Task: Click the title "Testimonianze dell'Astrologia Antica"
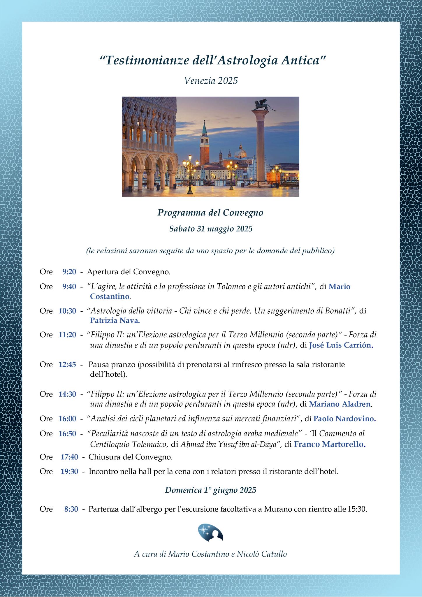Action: pos(212,61)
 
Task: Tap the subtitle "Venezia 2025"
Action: pos(211,80)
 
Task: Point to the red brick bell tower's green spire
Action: pos(204,126)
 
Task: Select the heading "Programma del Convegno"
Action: pos(210,213)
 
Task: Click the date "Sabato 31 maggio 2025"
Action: pos(211,229)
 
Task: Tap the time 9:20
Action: pos(69,272)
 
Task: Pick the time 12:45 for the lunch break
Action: pos(67,365)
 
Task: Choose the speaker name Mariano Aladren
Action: pos(340,404)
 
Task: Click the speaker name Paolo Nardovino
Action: pos(344,419)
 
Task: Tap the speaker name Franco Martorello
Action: pos(329,445)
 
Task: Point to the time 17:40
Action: pos(69,457)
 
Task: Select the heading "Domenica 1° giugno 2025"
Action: pos(210,490)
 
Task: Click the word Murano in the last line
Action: pos(277,509)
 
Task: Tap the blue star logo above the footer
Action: pos(210,533)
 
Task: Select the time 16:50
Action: pos(67,434)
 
